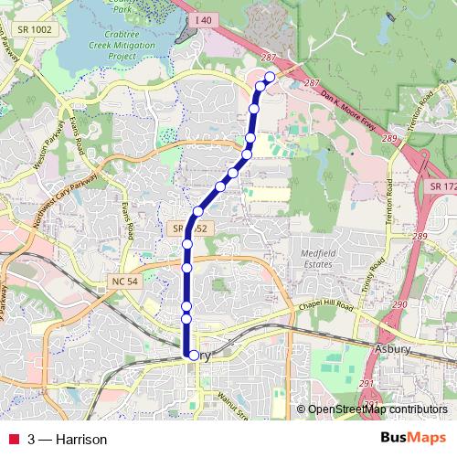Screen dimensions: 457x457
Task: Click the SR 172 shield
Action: tap(441, 186)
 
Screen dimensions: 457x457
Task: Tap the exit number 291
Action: tap(367, 384)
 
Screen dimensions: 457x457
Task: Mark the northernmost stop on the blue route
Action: tap(270, 77)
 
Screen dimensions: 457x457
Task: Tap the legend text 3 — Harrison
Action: tap(68, 440)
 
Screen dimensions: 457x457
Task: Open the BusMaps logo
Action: tap(412, 439)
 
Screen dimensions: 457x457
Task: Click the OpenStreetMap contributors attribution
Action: tap(377, 410)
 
